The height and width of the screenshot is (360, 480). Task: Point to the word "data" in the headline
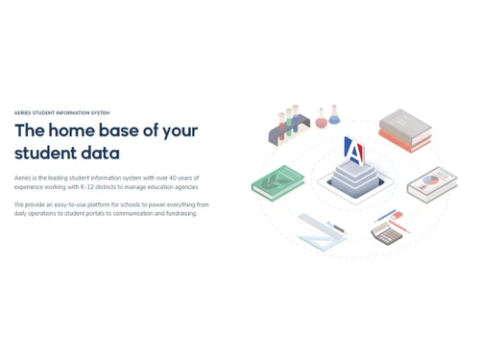[x=101, y=153]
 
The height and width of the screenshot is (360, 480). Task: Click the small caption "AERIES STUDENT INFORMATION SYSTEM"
[x=61, y=112]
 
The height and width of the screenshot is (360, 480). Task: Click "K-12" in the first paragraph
[x=89, y=186]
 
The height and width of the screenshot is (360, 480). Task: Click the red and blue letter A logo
[x=354, y=152]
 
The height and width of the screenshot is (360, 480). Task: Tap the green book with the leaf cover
[x=277, y=181]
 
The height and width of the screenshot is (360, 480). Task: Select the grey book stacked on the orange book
[x=403, y=126]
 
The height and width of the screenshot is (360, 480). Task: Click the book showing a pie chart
[x=432, y=182]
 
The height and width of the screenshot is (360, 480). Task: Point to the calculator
[x=385, y=233]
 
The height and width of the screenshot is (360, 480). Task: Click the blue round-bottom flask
[x=334, y=116]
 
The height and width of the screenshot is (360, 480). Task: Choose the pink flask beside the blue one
[x=322, y=119]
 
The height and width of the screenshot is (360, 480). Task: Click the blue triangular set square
[x=322, y=233]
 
